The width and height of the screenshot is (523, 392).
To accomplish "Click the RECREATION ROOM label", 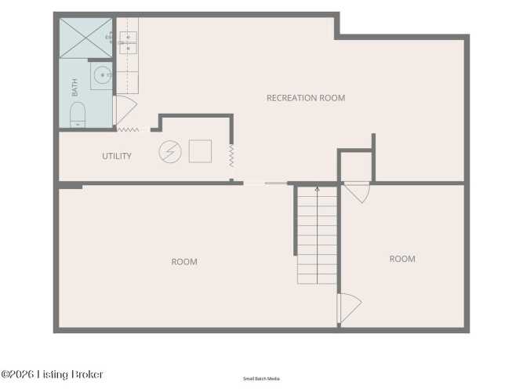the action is click(x=306, y=98).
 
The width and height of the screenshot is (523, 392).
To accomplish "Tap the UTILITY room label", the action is click(x=117, y=156).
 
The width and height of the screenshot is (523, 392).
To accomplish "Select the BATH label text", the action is click(x=74, y=87).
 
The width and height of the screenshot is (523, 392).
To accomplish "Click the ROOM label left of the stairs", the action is click(x=184, y=262).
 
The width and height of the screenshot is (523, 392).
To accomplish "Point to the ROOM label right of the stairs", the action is click(x=402, y=259).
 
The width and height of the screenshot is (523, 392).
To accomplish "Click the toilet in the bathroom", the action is click(x=78, y=115).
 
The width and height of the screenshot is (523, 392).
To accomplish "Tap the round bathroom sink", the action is click(x=103, y=75).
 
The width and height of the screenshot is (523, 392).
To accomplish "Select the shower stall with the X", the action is click(x=85, y=38).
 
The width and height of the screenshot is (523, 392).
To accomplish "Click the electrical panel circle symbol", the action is click(x=170, y=152).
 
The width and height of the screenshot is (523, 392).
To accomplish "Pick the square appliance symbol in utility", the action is click(x=200, y=151).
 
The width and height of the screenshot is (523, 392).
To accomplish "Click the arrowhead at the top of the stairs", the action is click(x=318, y=189).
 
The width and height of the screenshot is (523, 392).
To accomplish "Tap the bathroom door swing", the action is click(x=125, y=110).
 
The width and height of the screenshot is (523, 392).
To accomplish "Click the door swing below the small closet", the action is click(x=357, y=193).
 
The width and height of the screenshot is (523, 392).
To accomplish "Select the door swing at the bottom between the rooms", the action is click(x=349, y=308).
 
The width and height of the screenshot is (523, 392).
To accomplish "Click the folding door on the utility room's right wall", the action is click(x=231, y=156).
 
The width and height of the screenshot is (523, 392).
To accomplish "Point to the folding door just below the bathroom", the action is click(x=128, y=130).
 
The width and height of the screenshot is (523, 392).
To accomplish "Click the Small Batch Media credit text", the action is click(x=261, y=379).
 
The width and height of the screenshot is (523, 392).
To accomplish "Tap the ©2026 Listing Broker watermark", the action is click(x=52, y=374).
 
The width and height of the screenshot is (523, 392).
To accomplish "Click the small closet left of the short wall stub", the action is click(x=356, y=166).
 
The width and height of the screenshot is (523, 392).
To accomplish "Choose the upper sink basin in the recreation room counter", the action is click(x=128, y=37).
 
